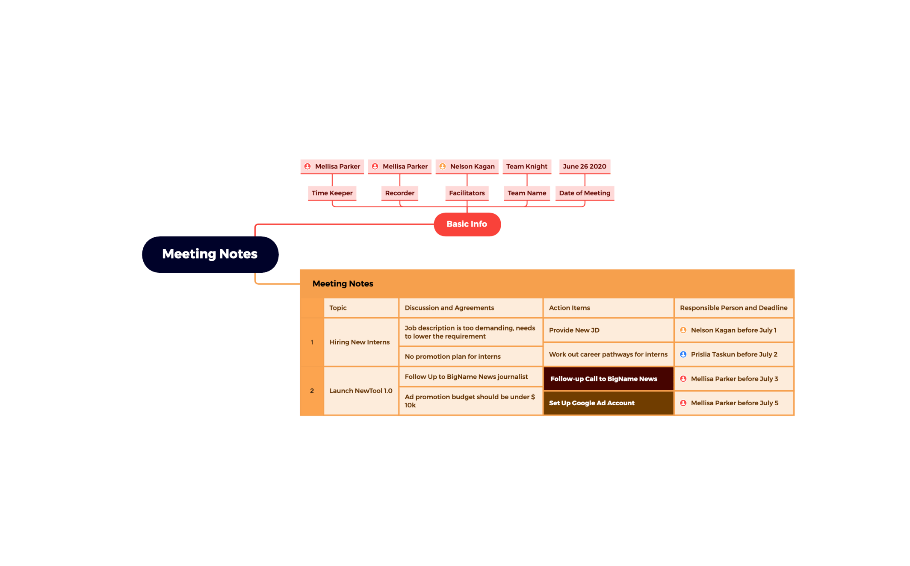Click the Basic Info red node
pyautogui.click(x=467, y=224)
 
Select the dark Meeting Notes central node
pyautogui.click(x=210, y=254)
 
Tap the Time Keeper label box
pyautogui.click(x=332, y=193)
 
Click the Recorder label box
pyautogui.click(x=399, y=193)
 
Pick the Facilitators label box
pyautogui.click(x=467, y=193)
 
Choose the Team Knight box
pyautogui.click(x=526, y=166)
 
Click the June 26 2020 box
pyautogui.click(x=584, y=166)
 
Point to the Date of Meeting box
pyautogui.click(x=584, y=193)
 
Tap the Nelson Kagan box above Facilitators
pyautogui.click(x=467, y=166)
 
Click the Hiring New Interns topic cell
pyautogui.click(x=360, y=342)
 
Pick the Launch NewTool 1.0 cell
pyautogui.click(x=360, y=391)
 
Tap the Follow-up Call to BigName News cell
pyautogui.click(x=608, y=379)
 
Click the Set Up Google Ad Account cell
pyautogui.click(x=608, y=403)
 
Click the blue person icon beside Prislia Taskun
pyautogui.click(x=683, y=354)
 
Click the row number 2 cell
pyautogui.click(x=312, y=391)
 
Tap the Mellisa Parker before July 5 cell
pyautogui.click(x=734, y=403)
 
